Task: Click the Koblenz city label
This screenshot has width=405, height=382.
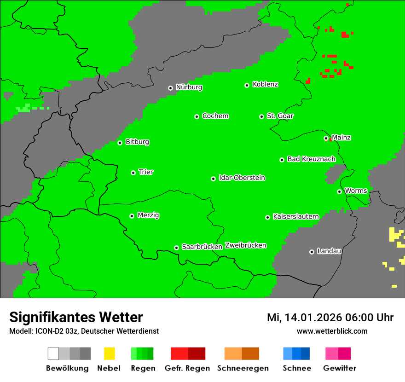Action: point(265,84)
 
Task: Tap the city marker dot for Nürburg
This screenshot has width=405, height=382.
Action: point(170,88)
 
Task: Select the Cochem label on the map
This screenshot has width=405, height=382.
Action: point(215,116)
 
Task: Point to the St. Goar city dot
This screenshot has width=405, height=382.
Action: point(261,116)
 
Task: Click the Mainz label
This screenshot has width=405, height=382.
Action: point(341,138)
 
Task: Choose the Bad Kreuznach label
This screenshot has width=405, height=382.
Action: point(311,159)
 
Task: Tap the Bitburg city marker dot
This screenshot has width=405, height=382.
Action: point(120,143)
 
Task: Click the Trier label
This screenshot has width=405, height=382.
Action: point(146,172)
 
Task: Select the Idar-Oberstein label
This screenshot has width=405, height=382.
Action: point(242,178)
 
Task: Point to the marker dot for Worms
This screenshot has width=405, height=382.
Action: point(339,191)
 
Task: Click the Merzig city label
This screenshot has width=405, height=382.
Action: point(149,215)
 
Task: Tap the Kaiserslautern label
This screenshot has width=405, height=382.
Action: point(296,216)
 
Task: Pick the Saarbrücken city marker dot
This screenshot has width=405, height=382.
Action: point(176,248)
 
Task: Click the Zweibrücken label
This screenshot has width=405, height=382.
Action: point(245,245)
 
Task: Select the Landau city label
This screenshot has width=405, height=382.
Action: point(329,251)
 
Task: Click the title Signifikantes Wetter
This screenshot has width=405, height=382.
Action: point(76,317)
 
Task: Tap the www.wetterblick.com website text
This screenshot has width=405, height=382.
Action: point(332,331)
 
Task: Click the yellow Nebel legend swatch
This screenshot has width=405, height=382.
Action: point(109,353)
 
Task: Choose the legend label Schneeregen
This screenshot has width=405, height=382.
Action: point(242,368)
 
